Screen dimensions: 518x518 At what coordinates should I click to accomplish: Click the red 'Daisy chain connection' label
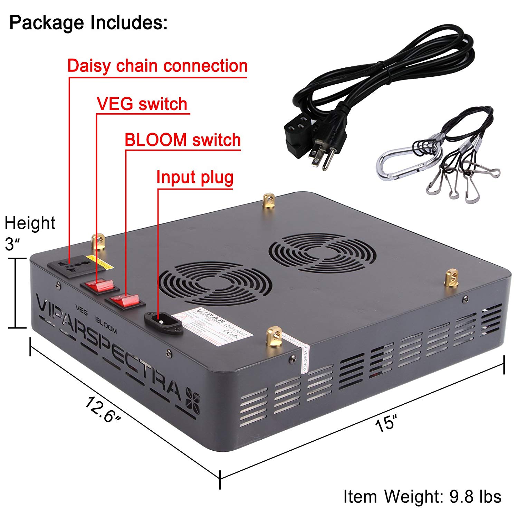(x=157, y=66)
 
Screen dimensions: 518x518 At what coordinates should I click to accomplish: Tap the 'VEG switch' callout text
(x=142, y=104)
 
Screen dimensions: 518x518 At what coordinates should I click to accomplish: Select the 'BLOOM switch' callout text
(x=182, y=140)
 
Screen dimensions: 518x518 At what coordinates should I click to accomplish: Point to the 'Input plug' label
(x=195, y=178)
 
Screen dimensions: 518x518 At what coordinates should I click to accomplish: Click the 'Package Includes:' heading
(x=88, y=22)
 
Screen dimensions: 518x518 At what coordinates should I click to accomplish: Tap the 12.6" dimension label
(x=103, y=409)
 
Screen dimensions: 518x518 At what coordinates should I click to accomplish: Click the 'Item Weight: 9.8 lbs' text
(x=422, y=497)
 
